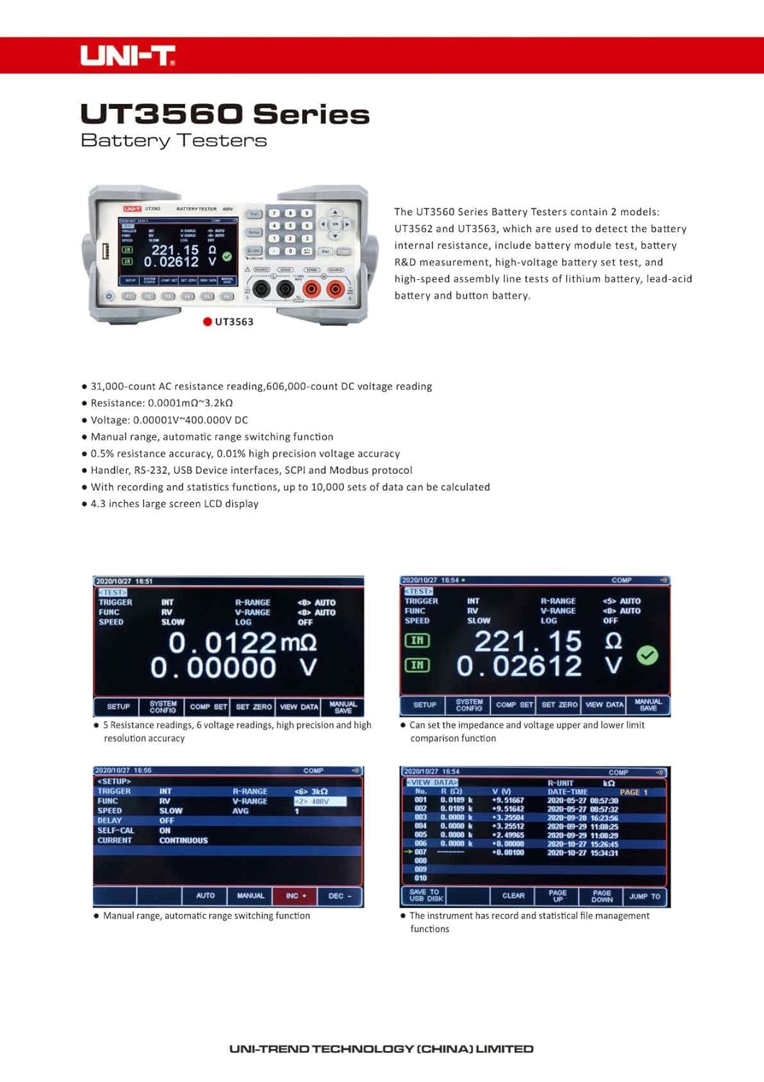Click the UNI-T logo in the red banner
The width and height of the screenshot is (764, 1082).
point(128,56)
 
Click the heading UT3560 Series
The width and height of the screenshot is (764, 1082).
point(225,114)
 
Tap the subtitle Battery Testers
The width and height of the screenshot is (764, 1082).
point(174,141)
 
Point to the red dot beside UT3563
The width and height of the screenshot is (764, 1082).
point(208,322)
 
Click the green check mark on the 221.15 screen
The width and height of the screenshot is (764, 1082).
point(647,655)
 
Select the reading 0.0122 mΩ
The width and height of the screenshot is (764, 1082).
point(242,642)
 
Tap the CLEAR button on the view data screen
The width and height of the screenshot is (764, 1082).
point(513,896)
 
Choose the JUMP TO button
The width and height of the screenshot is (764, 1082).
point(644,896)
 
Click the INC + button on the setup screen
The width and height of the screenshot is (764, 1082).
point(296,896)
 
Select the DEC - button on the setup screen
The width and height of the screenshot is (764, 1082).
point(339,896)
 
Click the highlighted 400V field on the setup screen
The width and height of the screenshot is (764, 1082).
point(319,801)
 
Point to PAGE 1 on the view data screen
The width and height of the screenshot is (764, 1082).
point(634,792)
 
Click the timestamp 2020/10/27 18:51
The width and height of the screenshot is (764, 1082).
point(124,581)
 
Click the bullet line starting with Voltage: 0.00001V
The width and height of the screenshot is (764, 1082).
point(169,420)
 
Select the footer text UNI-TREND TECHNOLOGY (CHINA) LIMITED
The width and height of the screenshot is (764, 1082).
point(381,1049)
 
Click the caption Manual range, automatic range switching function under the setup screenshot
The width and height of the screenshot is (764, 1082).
point(206,915)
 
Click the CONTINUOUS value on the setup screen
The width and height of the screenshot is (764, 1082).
point(183,840)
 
